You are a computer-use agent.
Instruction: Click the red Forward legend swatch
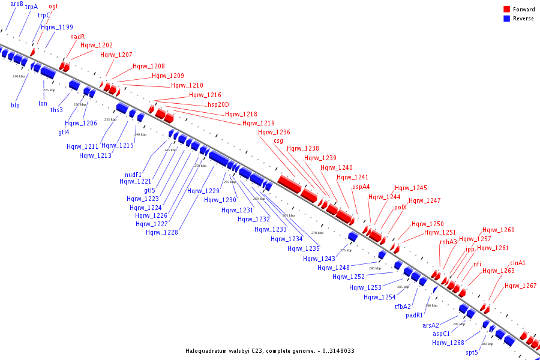pos(507,10)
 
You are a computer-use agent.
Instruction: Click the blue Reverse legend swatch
pos(507,19)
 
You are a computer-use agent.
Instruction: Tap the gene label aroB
pos(17,4)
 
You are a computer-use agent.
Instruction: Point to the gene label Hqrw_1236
pos(274,133)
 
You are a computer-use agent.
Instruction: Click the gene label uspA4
pos(361,187)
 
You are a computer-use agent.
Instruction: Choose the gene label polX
pos(400,207)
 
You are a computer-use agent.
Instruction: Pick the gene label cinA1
pos(518,263)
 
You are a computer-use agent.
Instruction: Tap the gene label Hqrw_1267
pos(520,286)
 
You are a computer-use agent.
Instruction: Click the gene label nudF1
pos(133,175)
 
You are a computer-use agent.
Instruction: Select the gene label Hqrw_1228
pos(161,232)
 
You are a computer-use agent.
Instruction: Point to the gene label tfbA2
pos(403,307)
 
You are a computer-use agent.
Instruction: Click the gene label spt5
pos(472,352)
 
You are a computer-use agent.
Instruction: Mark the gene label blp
pos(15,105)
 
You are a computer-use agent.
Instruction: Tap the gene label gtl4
pos(64,132)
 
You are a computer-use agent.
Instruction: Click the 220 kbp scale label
pos(19,76)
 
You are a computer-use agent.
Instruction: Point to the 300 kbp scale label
pos(487,344)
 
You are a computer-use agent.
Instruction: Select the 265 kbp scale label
pos(289,215)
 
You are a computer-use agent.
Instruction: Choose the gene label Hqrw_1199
pos(57,27)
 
